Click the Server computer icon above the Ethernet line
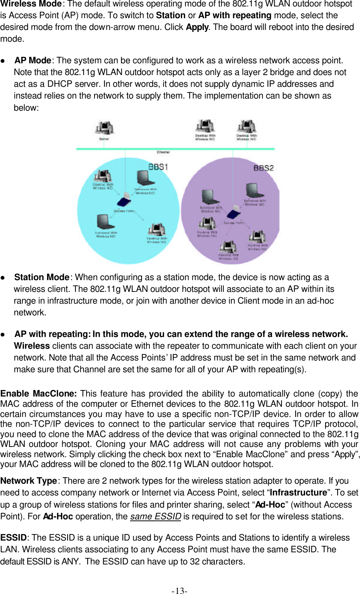coord(104,128)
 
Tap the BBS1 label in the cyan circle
coord(158,167)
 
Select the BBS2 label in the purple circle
coord(263,168)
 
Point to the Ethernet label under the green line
coord(163,152)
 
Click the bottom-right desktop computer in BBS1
coord(156,230)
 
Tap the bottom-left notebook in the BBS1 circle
coord(104,222)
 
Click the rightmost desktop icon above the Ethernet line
coord(246,126)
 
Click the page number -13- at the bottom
coord(179,590)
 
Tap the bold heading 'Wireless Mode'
coord(31,4)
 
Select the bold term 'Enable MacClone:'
coord(38,394)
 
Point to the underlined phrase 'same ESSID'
coord(156,516)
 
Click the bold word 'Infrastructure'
coord(298,492)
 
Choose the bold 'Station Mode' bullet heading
coord(42,277)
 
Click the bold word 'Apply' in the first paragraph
coord(197,27)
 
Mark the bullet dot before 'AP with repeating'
coord(3,334)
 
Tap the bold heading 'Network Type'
coord(28,481)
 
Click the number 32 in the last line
coord(195,561)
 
